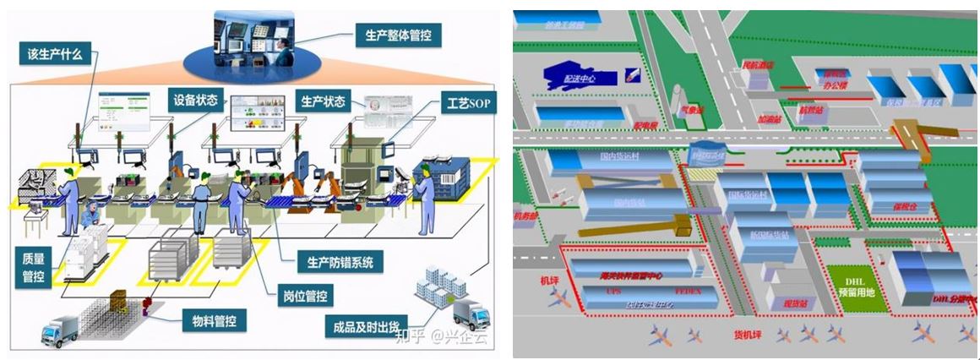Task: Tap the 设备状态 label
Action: [195, 101]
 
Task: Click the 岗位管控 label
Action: [306, 296]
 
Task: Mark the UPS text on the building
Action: [614, 291]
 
